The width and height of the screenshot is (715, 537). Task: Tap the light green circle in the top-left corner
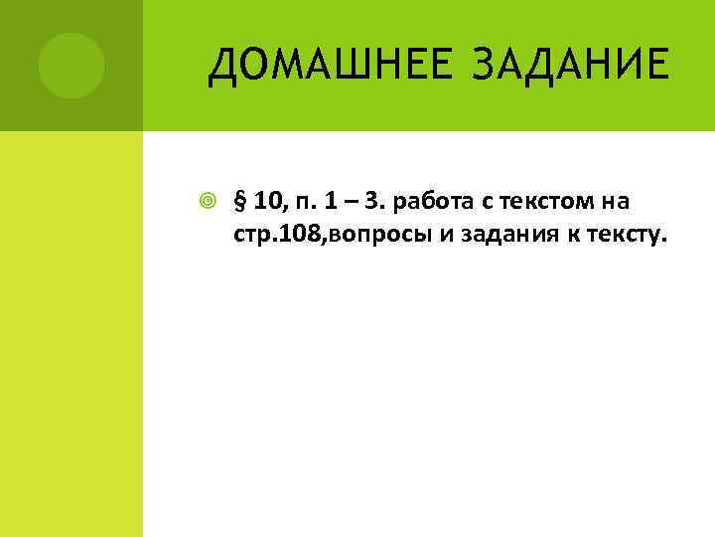[71, 65]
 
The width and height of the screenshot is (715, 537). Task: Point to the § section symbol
[238, 204]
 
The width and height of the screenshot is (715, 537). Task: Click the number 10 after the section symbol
[265, 204]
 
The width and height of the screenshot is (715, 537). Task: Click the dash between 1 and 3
[347, 204]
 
